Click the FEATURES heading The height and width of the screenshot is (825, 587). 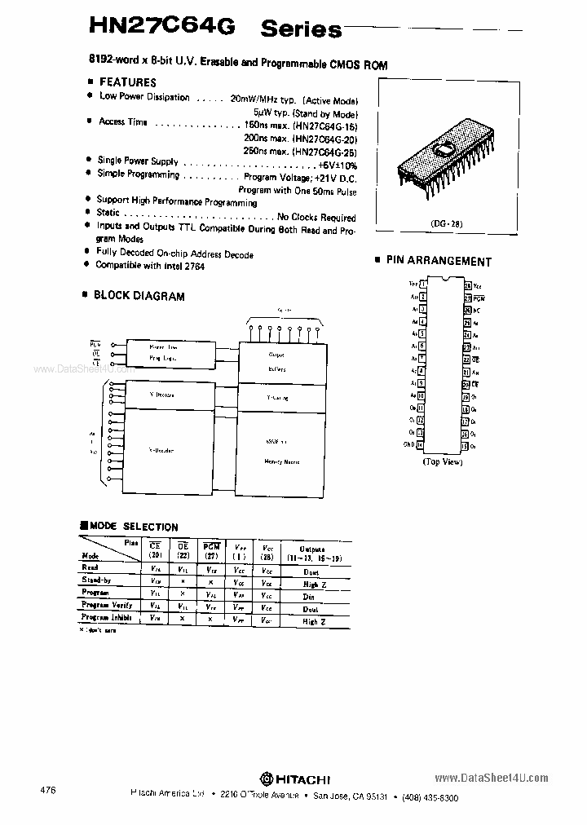(127, 82)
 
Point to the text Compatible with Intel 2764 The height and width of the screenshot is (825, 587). (150, 266)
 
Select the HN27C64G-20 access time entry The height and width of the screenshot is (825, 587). (301, 138)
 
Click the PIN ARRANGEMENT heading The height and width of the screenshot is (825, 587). (439, 262)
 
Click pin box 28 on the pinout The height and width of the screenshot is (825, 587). (467, 285)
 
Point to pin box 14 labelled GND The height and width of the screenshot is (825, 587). (420, 445)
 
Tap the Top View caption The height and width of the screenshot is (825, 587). (443, 462)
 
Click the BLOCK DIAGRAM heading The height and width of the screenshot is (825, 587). (139, 297)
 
